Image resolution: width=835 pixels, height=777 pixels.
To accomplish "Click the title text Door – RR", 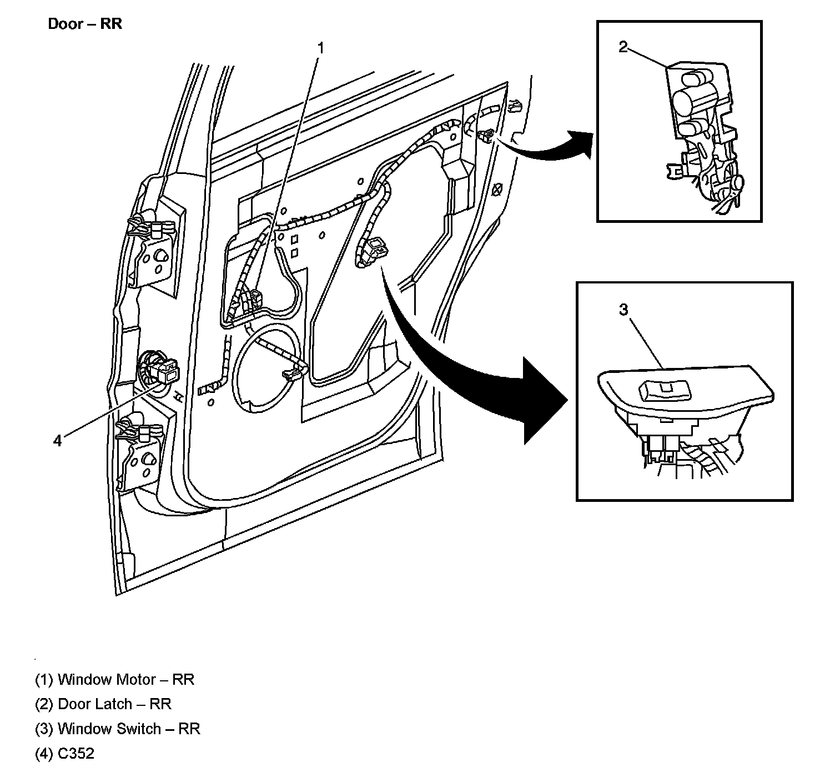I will click(84, 24).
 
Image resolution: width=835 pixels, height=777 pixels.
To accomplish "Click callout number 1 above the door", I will click(320, 48).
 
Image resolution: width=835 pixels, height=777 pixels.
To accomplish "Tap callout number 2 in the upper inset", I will click(623, 47).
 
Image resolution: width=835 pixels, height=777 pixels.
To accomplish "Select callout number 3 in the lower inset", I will click(623, 310).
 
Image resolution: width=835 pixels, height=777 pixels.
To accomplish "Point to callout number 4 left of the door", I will click(58, 441).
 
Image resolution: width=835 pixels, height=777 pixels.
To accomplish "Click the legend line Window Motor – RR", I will click(114, 679).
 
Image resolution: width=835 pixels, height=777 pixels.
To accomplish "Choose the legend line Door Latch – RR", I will click(103, 704).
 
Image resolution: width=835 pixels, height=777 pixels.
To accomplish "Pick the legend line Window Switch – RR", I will click(117, 728).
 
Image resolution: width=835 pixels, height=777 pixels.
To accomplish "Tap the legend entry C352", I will click(64, 753).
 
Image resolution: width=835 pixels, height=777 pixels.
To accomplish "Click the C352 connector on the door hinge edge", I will click(165, 371).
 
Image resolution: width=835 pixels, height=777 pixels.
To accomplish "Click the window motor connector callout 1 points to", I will click(255, 299).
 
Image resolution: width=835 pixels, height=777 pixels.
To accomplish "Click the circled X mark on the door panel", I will click(497, 190).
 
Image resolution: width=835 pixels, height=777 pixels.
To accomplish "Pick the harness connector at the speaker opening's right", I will click(293, 374).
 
